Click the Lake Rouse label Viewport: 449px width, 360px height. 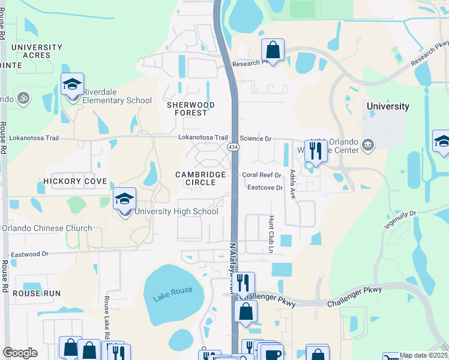click(173, 291)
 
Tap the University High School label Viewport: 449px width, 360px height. click(176, 211)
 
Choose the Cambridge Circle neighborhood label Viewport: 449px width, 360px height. click(200, 178)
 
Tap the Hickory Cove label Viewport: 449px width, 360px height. click(75, 181)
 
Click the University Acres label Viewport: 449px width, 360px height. click(36, 51)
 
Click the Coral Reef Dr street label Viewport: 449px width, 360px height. click(262, 175)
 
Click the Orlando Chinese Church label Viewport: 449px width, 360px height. click(47, 228)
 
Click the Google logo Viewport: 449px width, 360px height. click(20, 353)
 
